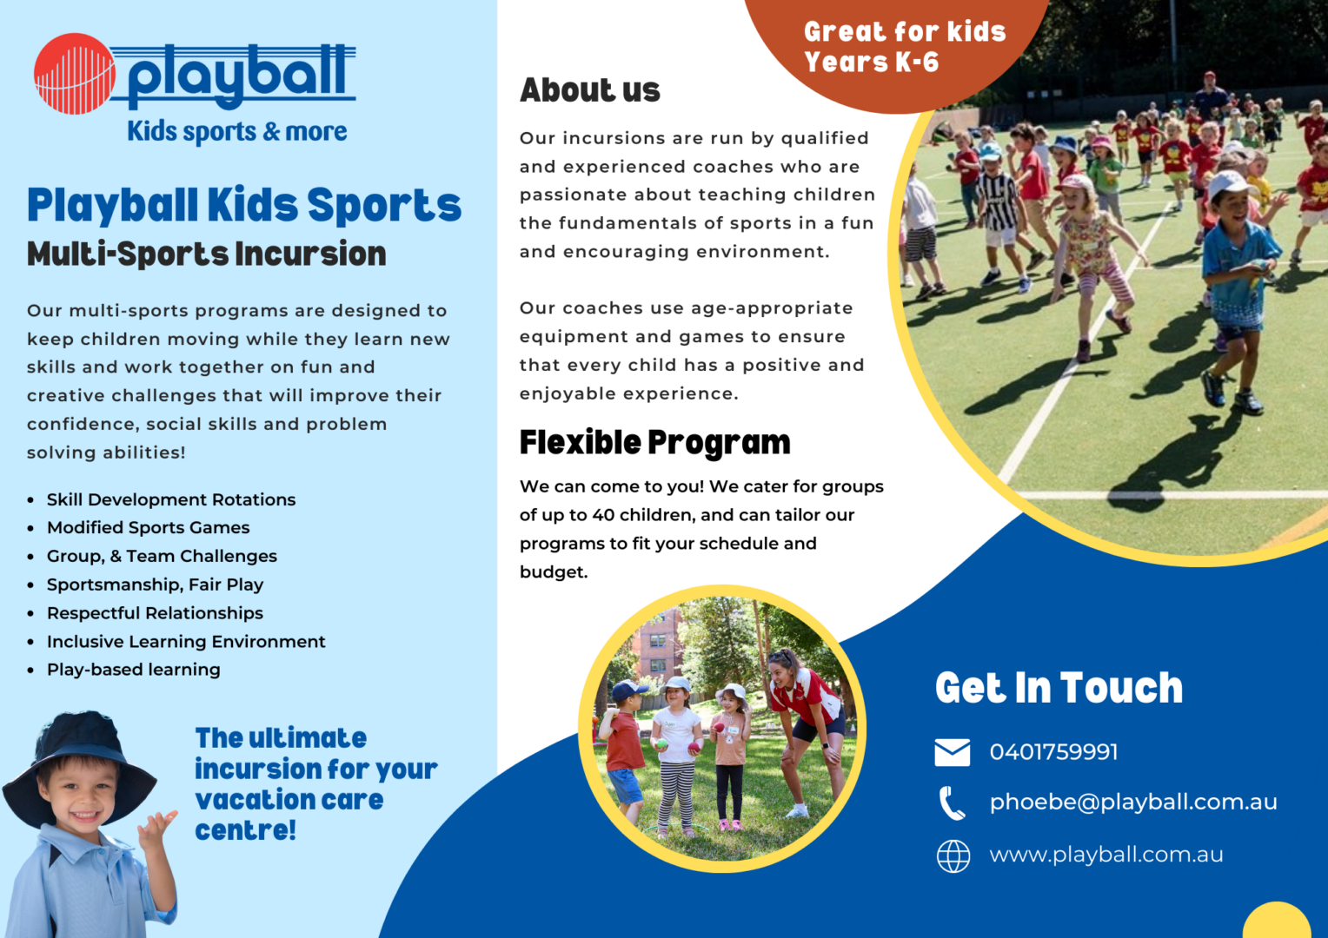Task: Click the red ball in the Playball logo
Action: (x=75, y=74)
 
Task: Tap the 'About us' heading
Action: (x=590, y=90)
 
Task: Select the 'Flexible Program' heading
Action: (x=655, y=443)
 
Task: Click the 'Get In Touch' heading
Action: (x=1059, y=688)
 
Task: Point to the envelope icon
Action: (x=953, y=752)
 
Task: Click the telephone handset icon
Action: (x=953, y=803)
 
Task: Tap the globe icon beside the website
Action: (x=953, y=856)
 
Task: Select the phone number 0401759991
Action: (x=1053, y=752)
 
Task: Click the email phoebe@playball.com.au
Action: (x=1133, y=803)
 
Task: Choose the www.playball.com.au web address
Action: (x=1106, y=855)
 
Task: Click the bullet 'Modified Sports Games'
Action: (x=149, y=527)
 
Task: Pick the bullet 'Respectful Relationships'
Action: (x=155, y=612)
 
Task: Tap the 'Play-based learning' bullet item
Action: (x=133, y=670)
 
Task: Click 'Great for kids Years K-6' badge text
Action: (x=905, y=47)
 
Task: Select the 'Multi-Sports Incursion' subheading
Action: (x=206, y=254)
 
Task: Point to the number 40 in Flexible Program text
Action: (x=603, y=515)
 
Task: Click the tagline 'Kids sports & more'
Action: (x=237, y=131)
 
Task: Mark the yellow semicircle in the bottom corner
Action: (x=1277, y=921)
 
